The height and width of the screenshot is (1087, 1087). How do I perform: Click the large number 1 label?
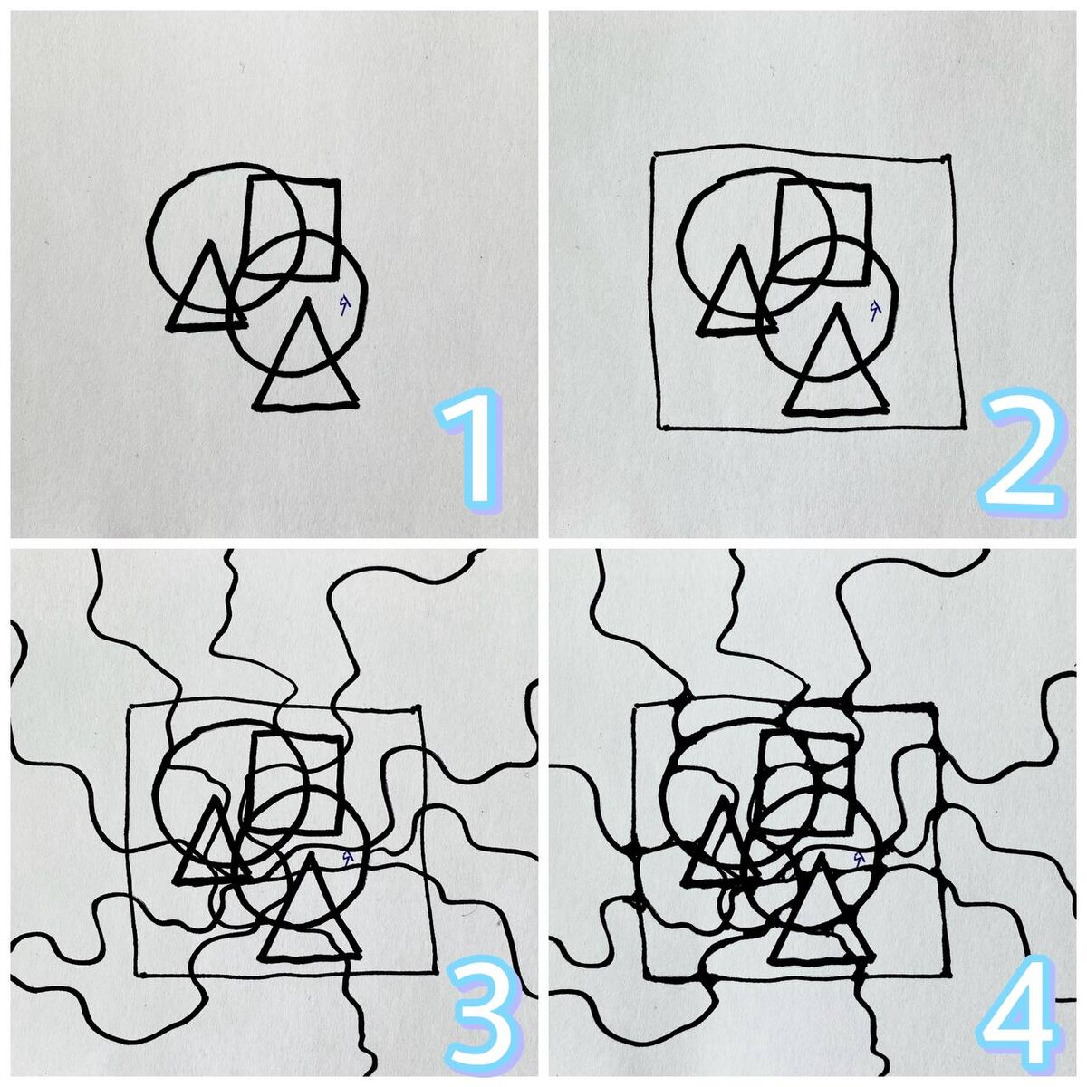click(470, 445)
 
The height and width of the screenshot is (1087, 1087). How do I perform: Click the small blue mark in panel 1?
click(344, 304)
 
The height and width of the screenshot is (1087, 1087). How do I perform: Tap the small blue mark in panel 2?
click(874, 310)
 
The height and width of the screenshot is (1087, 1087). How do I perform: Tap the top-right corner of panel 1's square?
click(338, 183)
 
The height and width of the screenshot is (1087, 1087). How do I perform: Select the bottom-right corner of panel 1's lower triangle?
click(355, 403)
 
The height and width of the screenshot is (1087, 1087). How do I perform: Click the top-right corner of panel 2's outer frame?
click(948, 158)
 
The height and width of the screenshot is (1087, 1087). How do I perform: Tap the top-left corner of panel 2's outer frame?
click(654, 154)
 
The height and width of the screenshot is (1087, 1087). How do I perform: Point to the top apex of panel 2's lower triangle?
click(838, 305)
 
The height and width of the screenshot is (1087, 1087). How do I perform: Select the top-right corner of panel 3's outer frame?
click(418, 707)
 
